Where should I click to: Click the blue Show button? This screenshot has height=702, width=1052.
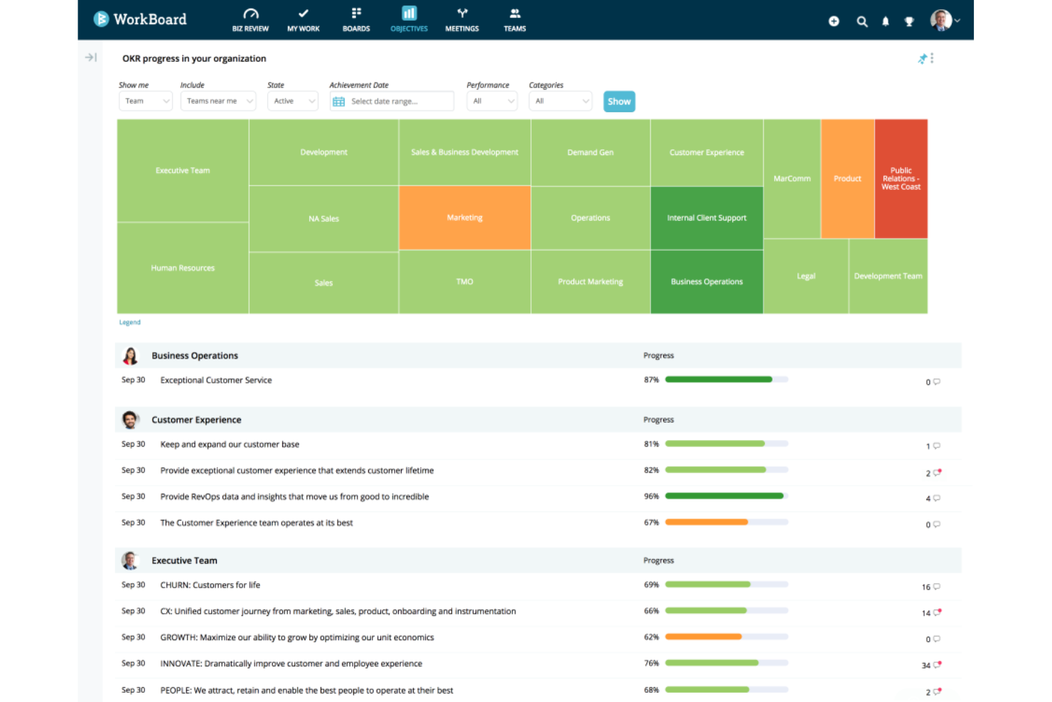click(x=618, y=102)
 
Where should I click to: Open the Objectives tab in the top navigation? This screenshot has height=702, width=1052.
click(x=409, y=19)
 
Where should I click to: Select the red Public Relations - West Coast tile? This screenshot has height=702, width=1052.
click(x=901, y=179)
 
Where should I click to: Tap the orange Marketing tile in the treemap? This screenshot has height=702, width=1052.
click(x=464, y=218)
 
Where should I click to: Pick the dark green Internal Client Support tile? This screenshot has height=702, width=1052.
click(x=707, y=218)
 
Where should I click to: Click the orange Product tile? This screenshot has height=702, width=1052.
click(x=847, y=179)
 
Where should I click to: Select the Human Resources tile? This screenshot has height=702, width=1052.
click(x=183, y=268)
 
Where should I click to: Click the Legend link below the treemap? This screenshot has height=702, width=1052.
click(x=129, y=322)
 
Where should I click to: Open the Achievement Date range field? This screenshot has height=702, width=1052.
click(x=392, y=102)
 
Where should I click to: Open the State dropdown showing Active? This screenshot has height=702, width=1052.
click(x=292, y=102)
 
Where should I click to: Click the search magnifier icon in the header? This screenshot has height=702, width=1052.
click(x=862, y=21)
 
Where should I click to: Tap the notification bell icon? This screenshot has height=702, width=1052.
click(x=885, y=21)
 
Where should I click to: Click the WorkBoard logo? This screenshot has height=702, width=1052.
click(x=140, y=19)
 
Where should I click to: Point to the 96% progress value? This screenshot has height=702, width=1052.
click(x=651, y=496)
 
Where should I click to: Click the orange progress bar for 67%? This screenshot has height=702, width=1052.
click(x=706, y=522)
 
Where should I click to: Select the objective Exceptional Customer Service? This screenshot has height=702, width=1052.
click(x=216, y=381)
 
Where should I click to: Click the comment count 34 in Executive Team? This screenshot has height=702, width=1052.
click(x=926, y=666)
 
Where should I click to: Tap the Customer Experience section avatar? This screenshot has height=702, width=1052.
click(x=130, y=420)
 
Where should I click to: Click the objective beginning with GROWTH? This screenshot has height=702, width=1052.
click(x=296, y=637)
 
